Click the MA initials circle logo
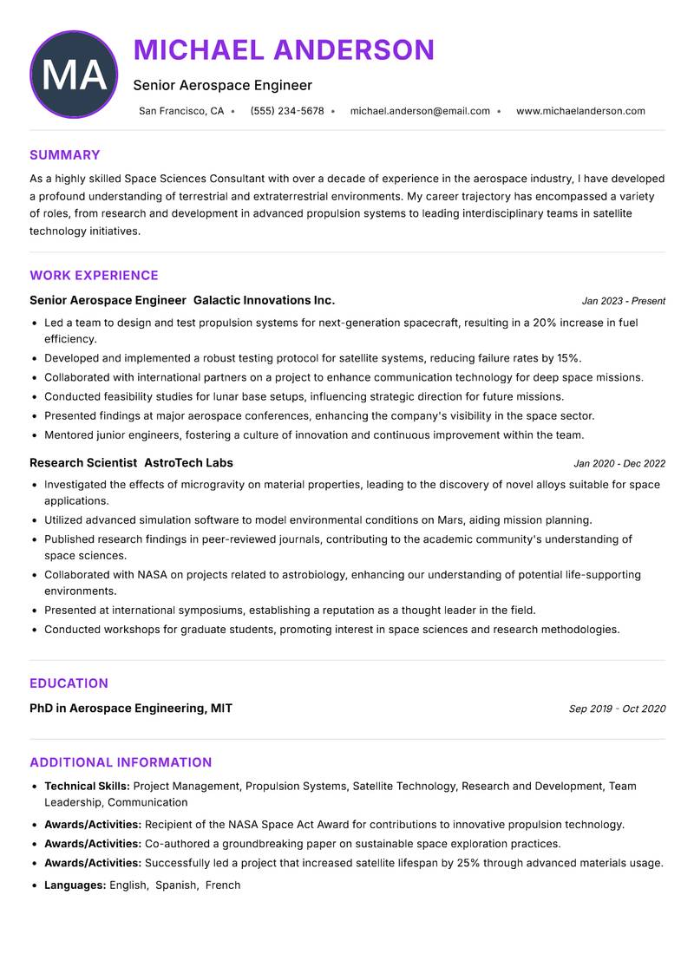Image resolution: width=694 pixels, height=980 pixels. tap(74, 75)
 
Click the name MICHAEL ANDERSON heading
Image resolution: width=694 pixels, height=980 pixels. tap(284, 50)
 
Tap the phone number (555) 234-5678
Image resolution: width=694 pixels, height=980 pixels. tap(287, 111)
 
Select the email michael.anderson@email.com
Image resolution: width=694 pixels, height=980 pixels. tap(420, 111)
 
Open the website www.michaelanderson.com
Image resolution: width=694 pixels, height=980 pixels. tap(580, 111)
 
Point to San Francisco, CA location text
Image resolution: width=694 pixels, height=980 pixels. tap(181, 111)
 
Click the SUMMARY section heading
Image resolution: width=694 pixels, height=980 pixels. tap(65, 155)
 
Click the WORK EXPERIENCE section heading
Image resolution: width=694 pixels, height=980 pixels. tap(94, 276)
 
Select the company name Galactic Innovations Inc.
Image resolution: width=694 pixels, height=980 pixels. tap(264, 300)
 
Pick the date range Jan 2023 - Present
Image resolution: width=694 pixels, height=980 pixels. tap(623, 301)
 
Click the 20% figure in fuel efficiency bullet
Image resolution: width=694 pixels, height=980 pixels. tap(545, 323)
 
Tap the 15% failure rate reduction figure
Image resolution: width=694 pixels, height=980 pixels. tap(568, 358)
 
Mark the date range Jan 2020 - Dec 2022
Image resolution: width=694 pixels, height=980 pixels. tap(619, 464)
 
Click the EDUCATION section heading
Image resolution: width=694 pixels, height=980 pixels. tap(69, 683)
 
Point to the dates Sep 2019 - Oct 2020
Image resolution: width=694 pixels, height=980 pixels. tap(617, 709)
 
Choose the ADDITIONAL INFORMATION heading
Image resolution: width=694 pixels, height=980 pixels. tap(121, 762)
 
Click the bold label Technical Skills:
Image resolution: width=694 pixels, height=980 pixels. tap(87, 787)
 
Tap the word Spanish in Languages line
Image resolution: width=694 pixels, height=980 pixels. tap(176, 885)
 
